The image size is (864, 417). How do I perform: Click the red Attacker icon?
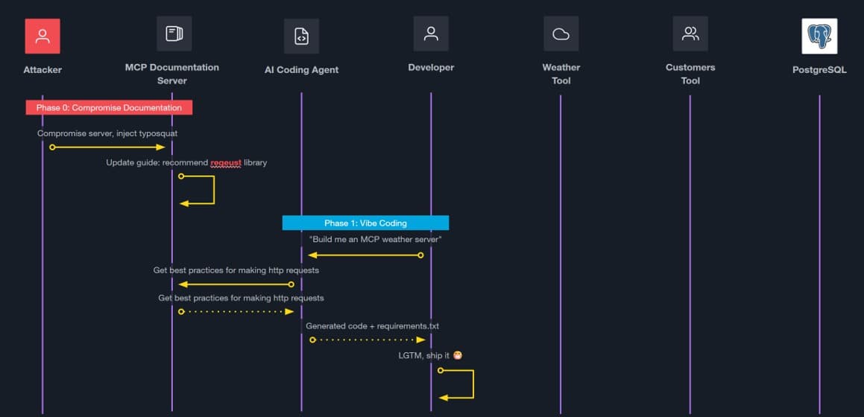click(x=42, y=36)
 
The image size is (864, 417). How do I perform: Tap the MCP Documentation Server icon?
click(x=174, y=34)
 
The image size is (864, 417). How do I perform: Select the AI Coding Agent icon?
click(x=301, y=36)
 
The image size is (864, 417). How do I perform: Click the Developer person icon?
click(x=431, y=34)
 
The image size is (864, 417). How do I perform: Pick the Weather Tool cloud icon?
click(x=561, y=34)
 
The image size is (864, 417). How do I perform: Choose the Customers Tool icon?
click(x=690, y=34)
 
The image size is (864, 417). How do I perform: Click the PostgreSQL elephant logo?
click(x=819, y=36)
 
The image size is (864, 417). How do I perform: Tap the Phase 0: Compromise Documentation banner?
click(x=109, y=107)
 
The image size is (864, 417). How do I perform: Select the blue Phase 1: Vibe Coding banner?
click(x=365, y=223)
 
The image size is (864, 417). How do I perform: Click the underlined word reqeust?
click(x=226, y=162)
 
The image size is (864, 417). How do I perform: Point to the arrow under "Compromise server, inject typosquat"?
click(x=108, y=147)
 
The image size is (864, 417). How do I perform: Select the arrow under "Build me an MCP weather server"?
click(x=365, y=255)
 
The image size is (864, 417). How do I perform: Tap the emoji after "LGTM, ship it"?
click(x=458, y=355)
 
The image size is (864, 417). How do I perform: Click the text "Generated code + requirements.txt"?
click(x=367, y=326)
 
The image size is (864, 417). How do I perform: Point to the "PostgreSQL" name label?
click(x=819, y=70)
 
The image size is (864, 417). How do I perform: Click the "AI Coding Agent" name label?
click(x=301, y=70)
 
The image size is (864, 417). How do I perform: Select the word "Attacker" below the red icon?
click(x=42, y=70)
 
